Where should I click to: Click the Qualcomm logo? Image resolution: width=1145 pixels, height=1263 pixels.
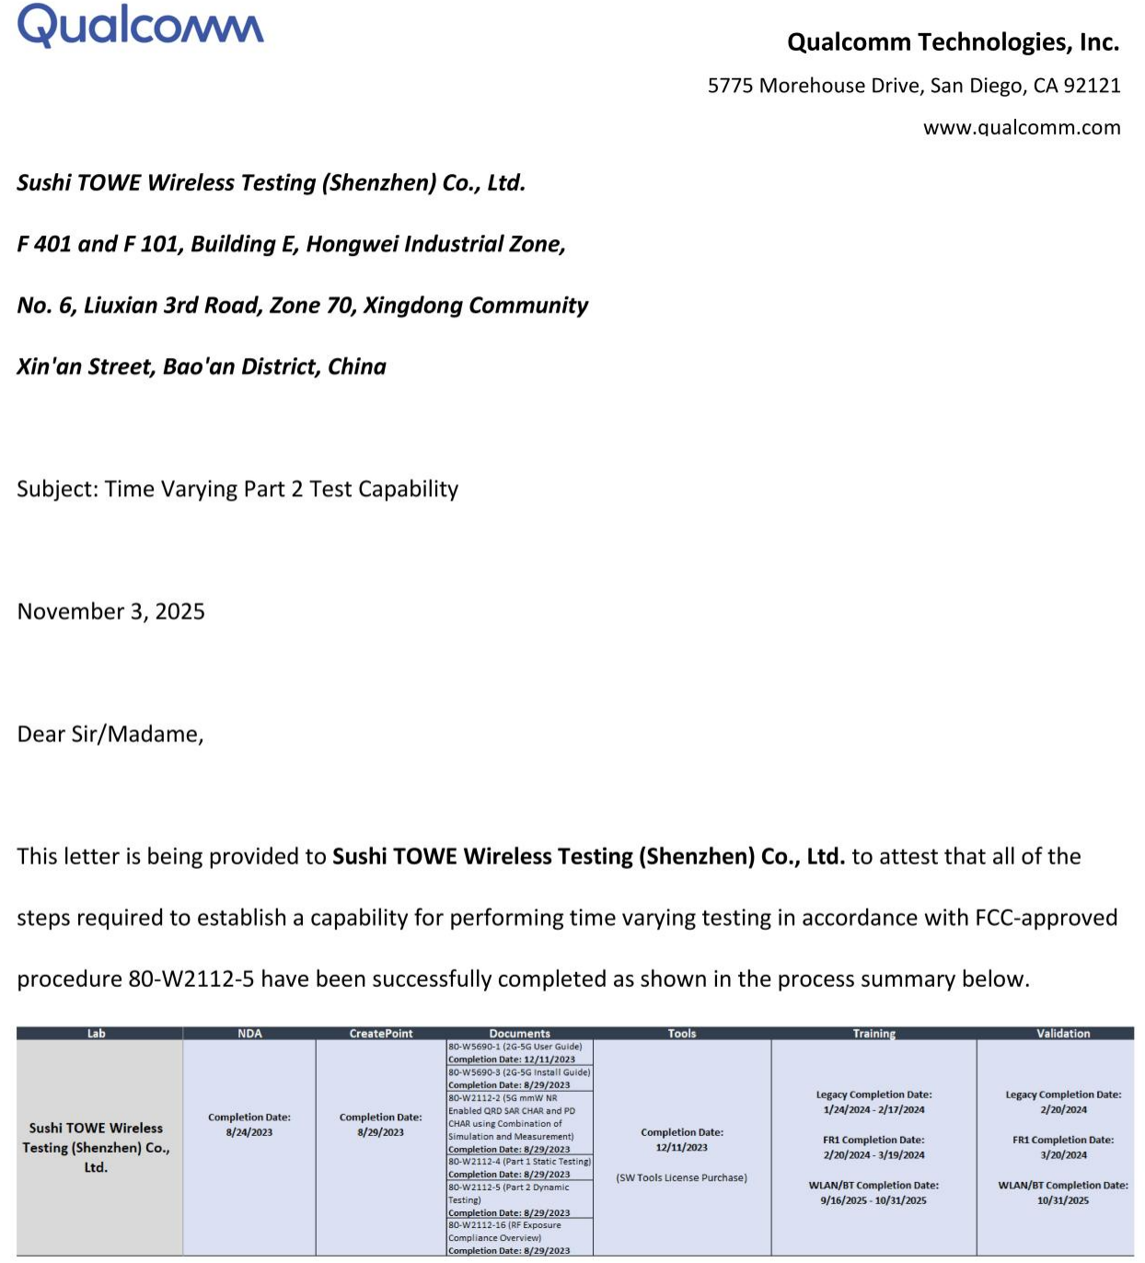140,26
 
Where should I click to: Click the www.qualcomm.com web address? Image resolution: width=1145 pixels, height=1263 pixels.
1022,128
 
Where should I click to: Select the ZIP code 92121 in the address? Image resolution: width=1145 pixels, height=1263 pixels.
1092,86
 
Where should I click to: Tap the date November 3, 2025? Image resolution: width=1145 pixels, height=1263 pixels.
111,611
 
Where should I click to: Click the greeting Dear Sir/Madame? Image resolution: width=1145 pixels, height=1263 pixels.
110,734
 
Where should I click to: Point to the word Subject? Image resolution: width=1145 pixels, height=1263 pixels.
57,489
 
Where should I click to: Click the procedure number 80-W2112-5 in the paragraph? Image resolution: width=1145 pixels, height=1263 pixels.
191,979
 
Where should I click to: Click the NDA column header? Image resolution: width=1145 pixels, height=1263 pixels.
249,1034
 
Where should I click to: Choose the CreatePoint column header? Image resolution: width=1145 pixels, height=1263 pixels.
381,1034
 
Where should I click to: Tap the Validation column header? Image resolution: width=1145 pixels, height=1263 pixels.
1063,1034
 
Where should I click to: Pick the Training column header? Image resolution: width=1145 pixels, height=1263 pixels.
873,1034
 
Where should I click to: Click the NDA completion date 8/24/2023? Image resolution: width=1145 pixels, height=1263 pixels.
249,1132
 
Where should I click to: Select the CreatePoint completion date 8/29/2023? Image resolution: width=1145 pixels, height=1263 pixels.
381,1132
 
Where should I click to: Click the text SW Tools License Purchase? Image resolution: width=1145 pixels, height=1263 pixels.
682,1177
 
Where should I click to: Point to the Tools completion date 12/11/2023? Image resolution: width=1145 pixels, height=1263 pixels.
682,1147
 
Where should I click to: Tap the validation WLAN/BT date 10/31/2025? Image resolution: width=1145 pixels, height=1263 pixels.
1063,1200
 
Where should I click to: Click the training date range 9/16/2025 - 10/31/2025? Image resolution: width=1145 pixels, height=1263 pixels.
873,1200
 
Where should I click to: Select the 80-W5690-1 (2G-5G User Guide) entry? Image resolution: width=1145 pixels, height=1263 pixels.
515,1047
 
